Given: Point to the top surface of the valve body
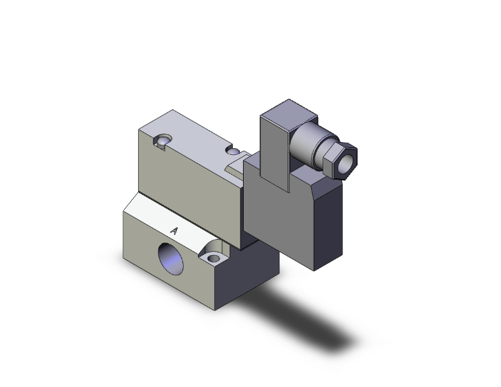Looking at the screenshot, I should [x=195, y=135].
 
